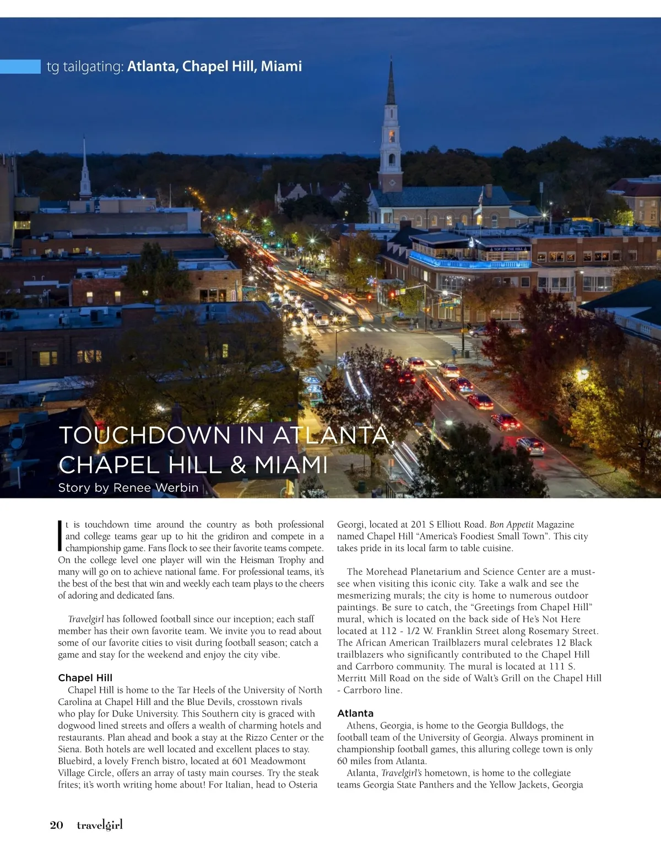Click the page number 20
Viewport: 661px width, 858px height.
(56, 824)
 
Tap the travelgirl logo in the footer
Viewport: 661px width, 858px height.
(100, 824)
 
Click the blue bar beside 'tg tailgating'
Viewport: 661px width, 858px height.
(20, 67)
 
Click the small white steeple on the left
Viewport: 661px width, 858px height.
(85, 171)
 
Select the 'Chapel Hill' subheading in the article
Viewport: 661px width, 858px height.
(85, 677)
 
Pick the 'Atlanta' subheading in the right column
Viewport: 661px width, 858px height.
(355, 713)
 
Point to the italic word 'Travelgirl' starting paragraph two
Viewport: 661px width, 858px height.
(86, 619)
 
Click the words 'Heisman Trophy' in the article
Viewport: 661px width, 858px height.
(265, 560)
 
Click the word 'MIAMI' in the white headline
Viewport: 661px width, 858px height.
(290, 465)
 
